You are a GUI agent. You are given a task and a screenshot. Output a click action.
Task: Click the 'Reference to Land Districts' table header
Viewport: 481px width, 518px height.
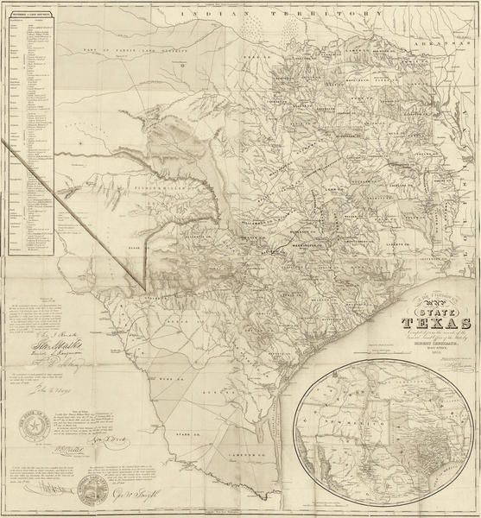(x=29, y=10)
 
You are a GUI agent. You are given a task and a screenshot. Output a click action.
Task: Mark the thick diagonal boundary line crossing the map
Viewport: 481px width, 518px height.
(x=78, y=216)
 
